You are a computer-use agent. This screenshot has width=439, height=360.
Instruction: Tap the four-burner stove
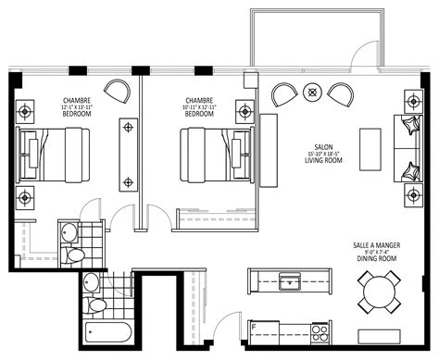320,329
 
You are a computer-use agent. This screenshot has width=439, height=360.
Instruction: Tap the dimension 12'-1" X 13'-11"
76,107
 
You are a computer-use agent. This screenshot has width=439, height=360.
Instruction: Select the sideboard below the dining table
382,334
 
